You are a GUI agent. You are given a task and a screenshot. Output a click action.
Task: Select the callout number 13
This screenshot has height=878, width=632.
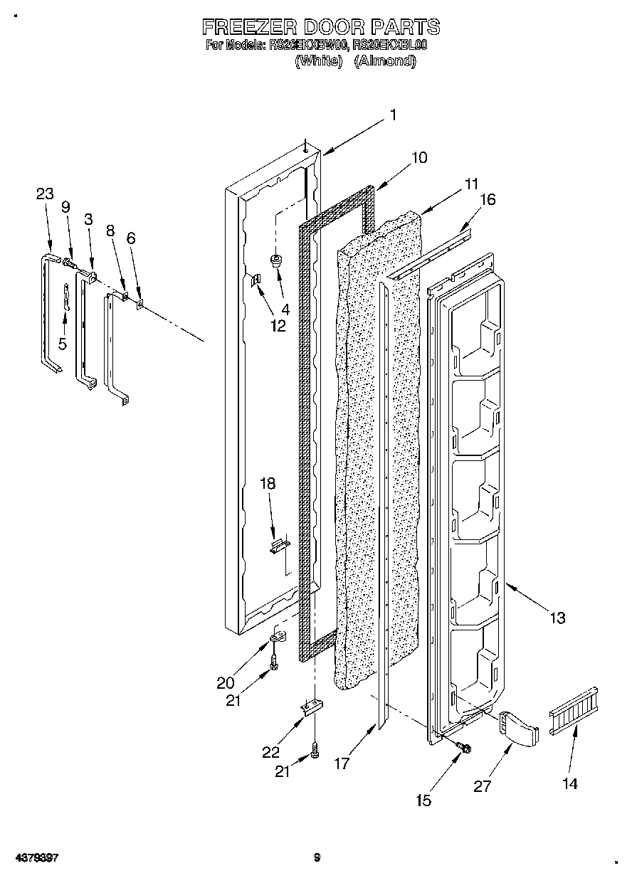pos(557,618)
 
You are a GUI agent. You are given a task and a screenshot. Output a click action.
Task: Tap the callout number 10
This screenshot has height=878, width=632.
pos(419,157)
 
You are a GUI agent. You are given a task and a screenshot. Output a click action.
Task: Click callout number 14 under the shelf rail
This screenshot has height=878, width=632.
pos(569,783)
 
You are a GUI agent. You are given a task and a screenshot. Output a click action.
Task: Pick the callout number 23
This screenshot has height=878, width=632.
pos(45,194)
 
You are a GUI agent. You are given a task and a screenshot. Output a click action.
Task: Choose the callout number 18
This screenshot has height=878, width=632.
pos(267,484)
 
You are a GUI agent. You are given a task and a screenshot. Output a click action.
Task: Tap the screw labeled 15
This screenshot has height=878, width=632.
pos(465,747)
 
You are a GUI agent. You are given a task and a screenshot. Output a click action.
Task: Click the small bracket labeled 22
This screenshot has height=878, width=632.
pos(310,708)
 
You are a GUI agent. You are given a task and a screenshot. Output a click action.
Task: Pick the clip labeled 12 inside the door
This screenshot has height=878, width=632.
pos(258,280)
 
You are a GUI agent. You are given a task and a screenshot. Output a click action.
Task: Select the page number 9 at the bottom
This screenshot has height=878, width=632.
pos(317,858)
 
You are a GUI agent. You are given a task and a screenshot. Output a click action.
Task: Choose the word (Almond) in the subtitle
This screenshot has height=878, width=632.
pos(385,61)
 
